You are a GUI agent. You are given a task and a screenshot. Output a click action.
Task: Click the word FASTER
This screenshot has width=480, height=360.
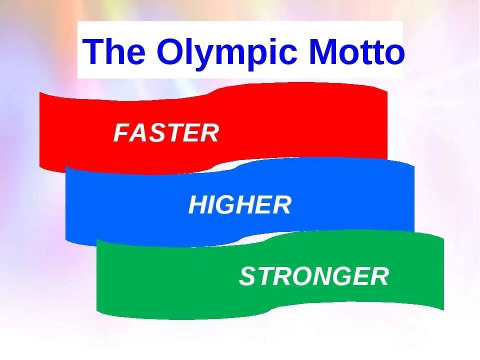166,133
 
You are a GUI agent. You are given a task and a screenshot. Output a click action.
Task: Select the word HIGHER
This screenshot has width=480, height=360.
239,205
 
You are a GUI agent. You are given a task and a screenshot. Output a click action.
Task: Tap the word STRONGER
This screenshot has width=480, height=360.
314,276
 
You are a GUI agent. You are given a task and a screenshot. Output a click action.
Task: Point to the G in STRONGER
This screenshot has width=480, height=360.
342,276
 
